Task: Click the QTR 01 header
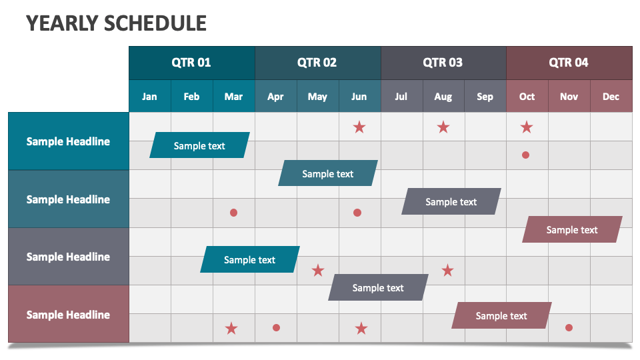tap(191, 63)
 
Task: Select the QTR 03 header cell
tap(443, 63)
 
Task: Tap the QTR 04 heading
tap(569, 63)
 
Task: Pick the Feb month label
tap(191, 97)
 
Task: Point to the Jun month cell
tap(359, 97)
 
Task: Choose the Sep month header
tap(485, 97)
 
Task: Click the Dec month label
tap(611, 97)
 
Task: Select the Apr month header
tap(275, 97)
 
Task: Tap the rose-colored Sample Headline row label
tap(68, 315)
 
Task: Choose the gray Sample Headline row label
tap(68, 257)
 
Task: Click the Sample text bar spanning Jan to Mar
tap(199, 145)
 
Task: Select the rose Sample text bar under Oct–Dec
tap(572, 229)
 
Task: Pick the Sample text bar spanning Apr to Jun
tap(327, 173)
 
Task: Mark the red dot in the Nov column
tap(569, 327)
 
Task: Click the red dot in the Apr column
tap(276, 327)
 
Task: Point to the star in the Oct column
tap(527, 127)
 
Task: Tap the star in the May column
tap(318, 270)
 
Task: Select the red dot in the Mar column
tap(233, 213)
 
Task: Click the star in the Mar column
tap(231, 328)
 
